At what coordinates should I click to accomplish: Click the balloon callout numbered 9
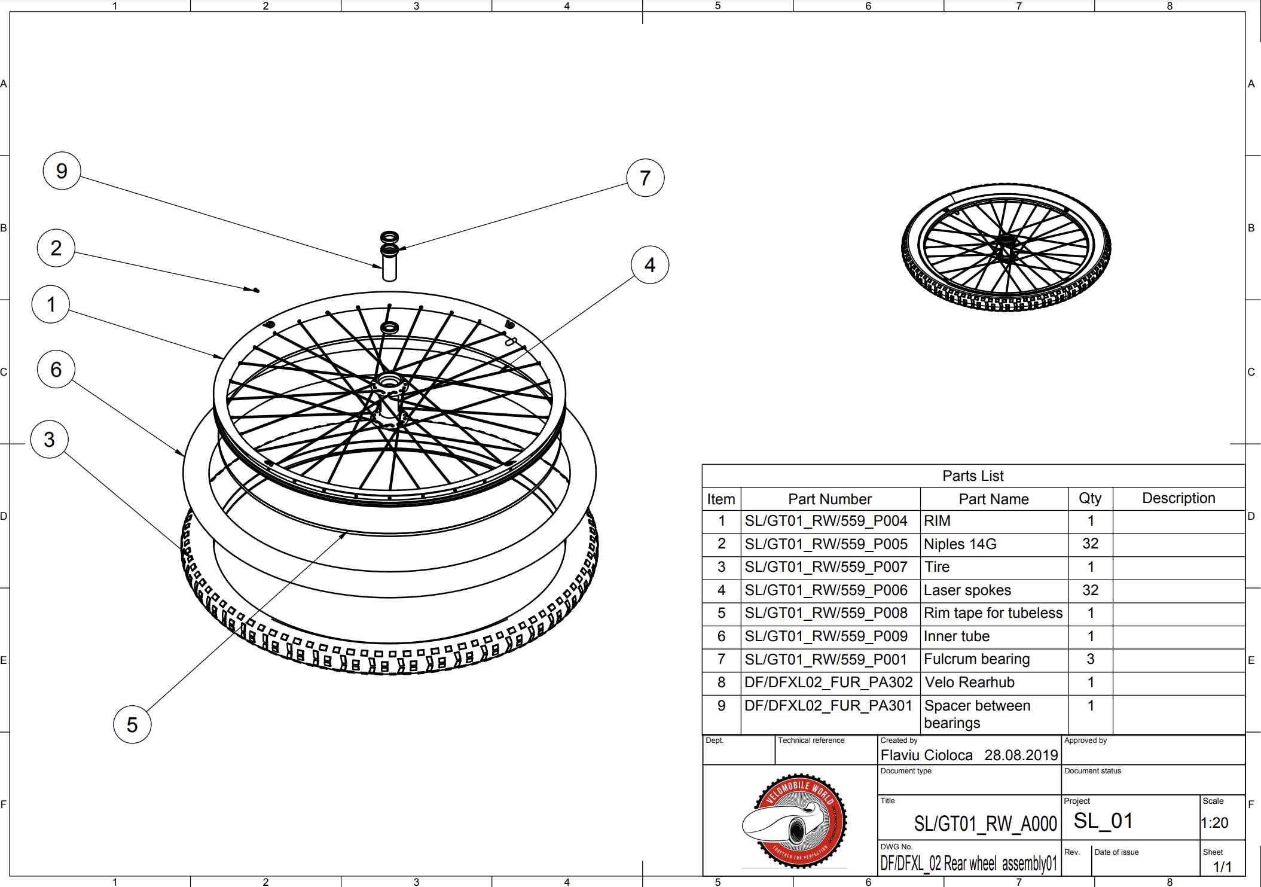click(x=62, y=171)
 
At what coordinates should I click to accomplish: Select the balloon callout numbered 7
click(x=645, y=178)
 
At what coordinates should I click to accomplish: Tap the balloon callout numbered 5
click(x=132, y=724)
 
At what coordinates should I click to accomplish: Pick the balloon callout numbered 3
click(x=49, y=440)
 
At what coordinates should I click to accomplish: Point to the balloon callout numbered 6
click(x=56, y=369)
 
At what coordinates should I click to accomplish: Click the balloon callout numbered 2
click(x=56, y=248)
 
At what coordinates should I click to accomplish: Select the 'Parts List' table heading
click(x=973, y=475)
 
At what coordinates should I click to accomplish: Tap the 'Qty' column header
click(x=1090, y=498)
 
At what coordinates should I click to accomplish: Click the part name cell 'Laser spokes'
click(x=967, y=590)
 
